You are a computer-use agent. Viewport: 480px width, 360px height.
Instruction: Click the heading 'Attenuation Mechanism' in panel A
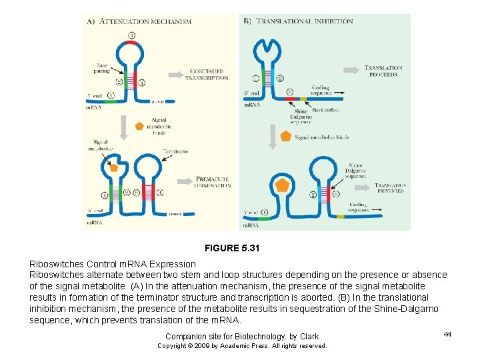pyautogui.click(x=145, y=21)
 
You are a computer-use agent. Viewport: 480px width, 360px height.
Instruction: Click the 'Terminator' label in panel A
pyautogui.click(x=174, y=151)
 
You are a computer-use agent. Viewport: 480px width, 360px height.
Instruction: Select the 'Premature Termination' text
pyautogui.click(x=213, y=182)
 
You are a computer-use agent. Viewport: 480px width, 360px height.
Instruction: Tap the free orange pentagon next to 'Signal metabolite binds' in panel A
pyautogui.click(x=139, y=125)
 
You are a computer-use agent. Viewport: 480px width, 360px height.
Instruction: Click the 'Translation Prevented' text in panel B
pyautogui.click(x=390, y=188)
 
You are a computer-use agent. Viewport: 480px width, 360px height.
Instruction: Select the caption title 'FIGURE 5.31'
pyautogui.click(x=231, y=248)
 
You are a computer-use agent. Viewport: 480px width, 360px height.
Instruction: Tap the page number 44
pyautogui.click(x=447, y=334)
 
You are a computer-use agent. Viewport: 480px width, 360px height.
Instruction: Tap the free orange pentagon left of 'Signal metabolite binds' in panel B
pyautogui.click(x=285, y=136)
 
